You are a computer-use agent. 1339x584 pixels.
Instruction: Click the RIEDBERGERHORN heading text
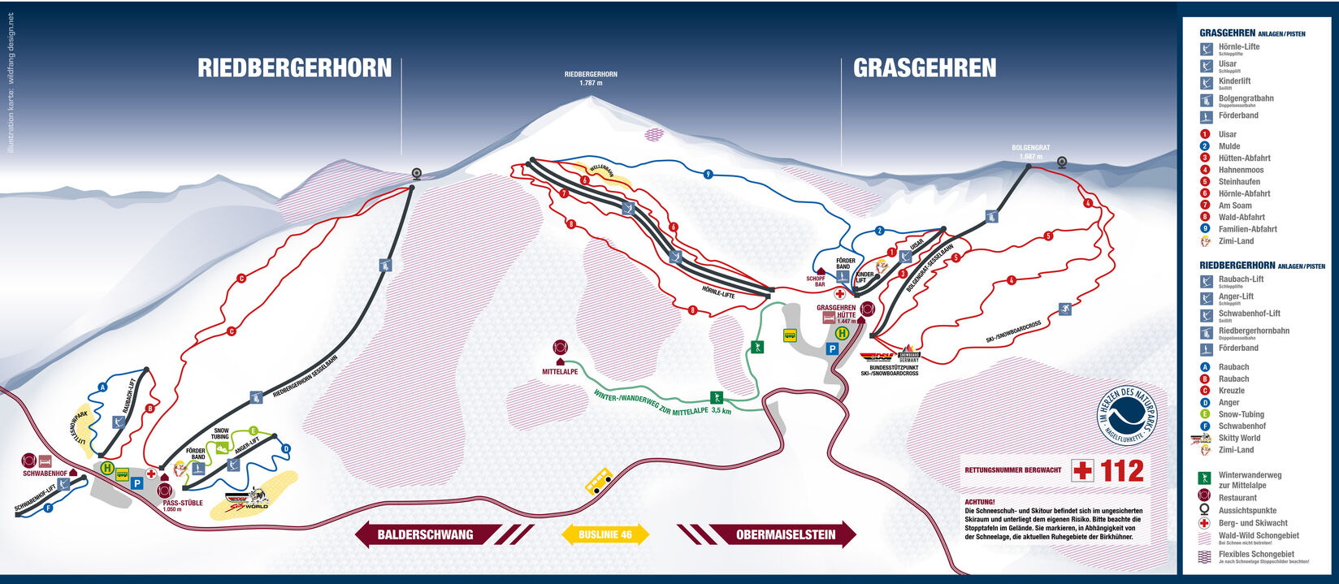pyautogui.click(x=294, y=68)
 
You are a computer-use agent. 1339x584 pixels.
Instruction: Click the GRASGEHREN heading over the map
pyautogui.click(x=925, y=68)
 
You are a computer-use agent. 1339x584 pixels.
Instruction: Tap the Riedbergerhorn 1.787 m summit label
pyautogui.click(x=591, y=78)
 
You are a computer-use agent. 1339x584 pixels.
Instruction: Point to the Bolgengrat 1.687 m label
pyautogui.click(x=1030, y=152)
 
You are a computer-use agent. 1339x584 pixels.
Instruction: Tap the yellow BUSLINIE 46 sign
pyautogui.click(x=605, y=534)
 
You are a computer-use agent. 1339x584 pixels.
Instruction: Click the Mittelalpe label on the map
pyautogui.click(x=560, y=371)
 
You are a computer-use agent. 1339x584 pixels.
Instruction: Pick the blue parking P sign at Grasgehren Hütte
pyautogui.click(x=832, y=348)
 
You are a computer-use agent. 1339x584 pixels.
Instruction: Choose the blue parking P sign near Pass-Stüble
pyautogui.click(x=136, y=483)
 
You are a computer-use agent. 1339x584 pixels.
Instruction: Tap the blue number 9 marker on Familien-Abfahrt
pyautogui.click(x=708, y=174)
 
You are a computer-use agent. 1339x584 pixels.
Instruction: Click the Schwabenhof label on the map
pyautogui.click(x=45, y=473)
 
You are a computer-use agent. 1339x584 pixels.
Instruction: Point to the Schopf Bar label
pyautogui.click(x=815, y=281)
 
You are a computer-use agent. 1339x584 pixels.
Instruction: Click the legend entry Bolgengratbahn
pyautogui.click(x=1246, y=98)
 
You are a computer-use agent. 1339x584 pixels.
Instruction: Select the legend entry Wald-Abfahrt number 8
pyautogui.click(x=1241, y=217)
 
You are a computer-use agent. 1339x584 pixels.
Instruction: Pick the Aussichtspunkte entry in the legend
pyautogui.click(x=1247, y=510)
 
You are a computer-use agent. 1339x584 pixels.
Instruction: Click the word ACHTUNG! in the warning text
pyautogui.click(x=980, y=502)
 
